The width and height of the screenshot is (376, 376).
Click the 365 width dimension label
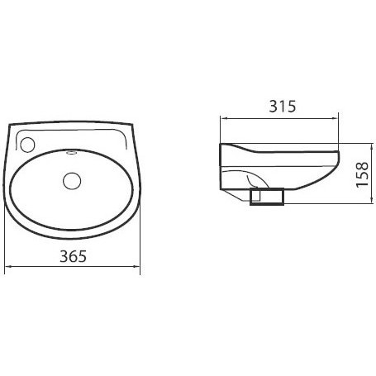tap(73, 256)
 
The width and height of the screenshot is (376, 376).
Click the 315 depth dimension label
tap(283, 107)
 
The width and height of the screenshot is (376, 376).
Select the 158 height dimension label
tap(362, 174)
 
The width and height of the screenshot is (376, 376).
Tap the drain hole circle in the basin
tap(72, 181)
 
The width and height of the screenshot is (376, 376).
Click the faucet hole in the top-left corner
tap(27, 145)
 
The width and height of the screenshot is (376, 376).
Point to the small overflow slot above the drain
tap(72, 152)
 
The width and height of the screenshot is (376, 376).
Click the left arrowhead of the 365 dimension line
tap(8, 266)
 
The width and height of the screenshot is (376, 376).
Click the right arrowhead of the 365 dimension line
tap(137, 266)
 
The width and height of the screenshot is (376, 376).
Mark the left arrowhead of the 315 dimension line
tap(223, 119)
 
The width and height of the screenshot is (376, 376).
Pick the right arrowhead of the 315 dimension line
tap(335, 119)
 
